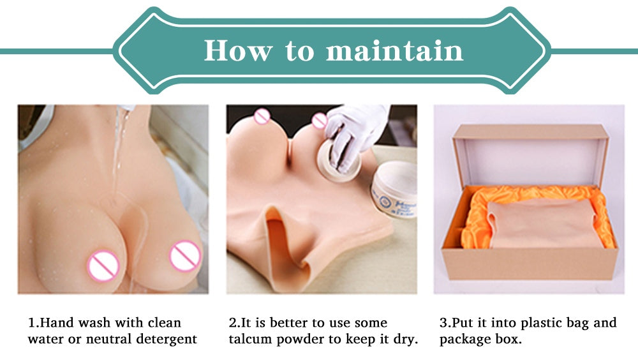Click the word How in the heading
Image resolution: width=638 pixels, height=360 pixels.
pyautogui.click(x=238, y=50)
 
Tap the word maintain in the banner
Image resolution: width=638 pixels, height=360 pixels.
pyautogui.click(x=395, y=50)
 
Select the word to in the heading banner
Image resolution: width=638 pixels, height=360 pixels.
pyautogui.click(x=300, y=51)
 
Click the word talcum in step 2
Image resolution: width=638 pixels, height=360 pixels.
pyautogui.click(x=250, y=339)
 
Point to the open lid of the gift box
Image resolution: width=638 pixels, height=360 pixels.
pyautogui.click(x=530, y=154)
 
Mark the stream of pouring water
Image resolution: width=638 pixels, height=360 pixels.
pyautogui.click(x=118, y=151)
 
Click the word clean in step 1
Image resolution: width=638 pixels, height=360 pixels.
pyautogui.click(x=164, y=322)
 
